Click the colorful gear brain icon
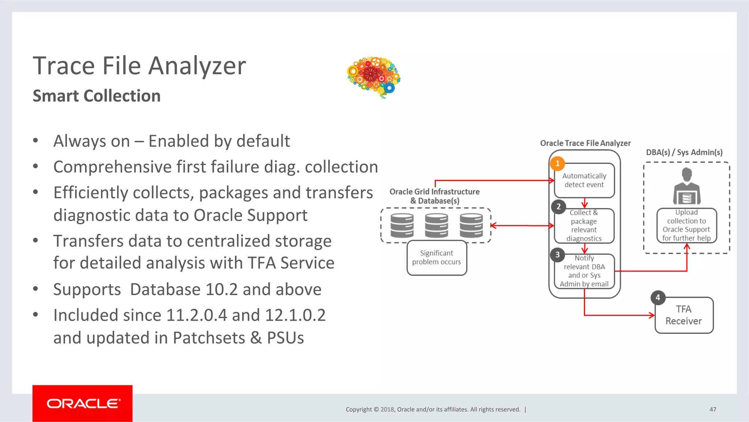point(373,76)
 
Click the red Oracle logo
point(83,403)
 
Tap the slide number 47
point(713,409)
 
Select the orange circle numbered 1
point(557,164)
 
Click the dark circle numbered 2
point(558,207)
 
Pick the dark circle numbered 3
point(557,255)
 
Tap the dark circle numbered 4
point(658,298)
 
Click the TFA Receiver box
point(684,315)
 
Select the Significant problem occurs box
point(437,258)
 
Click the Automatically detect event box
point(584,180)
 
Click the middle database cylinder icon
point(436,225)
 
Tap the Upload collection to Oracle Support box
point(686,225)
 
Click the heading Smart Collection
point(97,96)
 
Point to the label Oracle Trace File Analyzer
point(585,143)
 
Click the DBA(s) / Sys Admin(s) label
point(684,152)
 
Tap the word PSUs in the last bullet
point(285,338)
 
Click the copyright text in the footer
point(433,409)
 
